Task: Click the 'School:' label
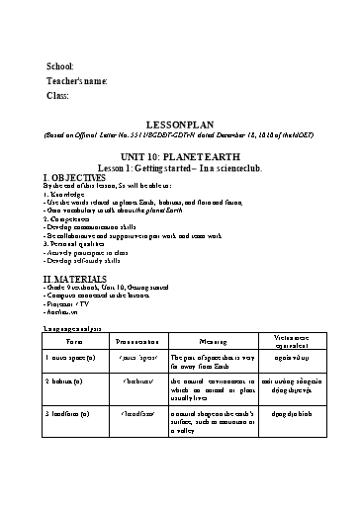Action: tap(60, 65)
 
